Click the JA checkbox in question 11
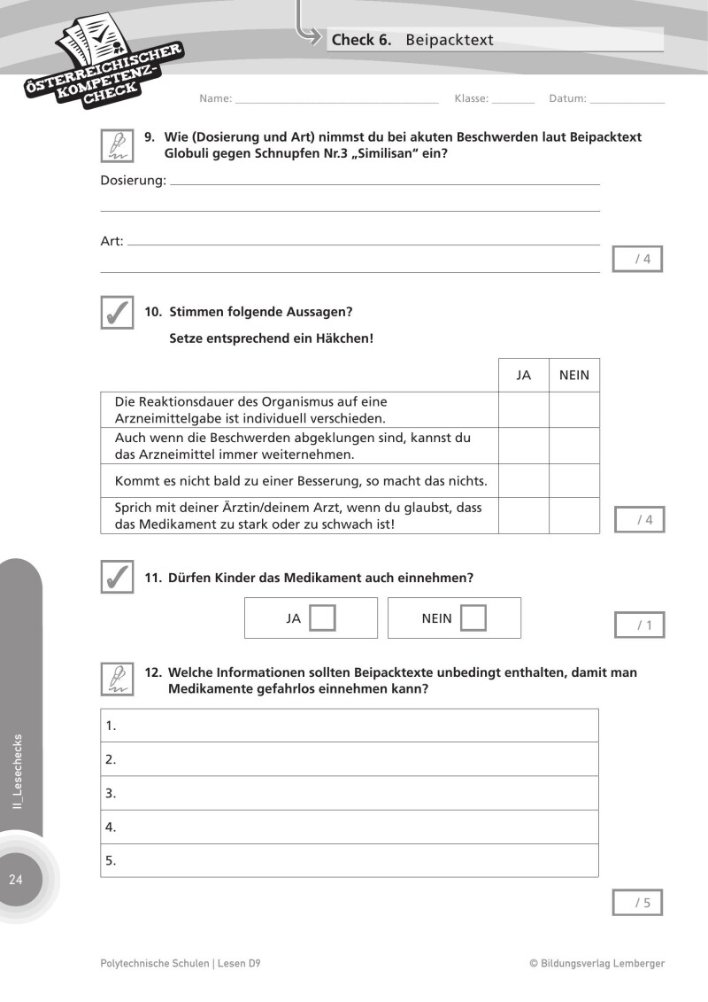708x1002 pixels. pos(323,618)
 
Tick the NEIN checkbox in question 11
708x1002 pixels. pos(474,618)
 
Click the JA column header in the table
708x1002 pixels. pos(523,376)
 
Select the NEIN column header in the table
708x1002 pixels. pos(574,376)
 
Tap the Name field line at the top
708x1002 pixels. pos(336,99)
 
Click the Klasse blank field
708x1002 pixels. pos(513,99)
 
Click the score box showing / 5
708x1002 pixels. pos(637,903)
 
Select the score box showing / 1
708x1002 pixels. pos(639,625)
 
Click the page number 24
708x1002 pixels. pos(16,880)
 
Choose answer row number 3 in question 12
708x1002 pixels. pos(350,793)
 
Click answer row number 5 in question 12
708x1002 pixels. pos(350,860)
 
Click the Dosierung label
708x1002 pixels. pos(133,181)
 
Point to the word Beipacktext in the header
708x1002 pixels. pos(450,40)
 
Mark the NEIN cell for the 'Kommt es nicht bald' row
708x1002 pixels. pos(574,481)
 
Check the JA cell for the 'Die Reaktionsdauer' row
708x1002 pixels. pos(523,410)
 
